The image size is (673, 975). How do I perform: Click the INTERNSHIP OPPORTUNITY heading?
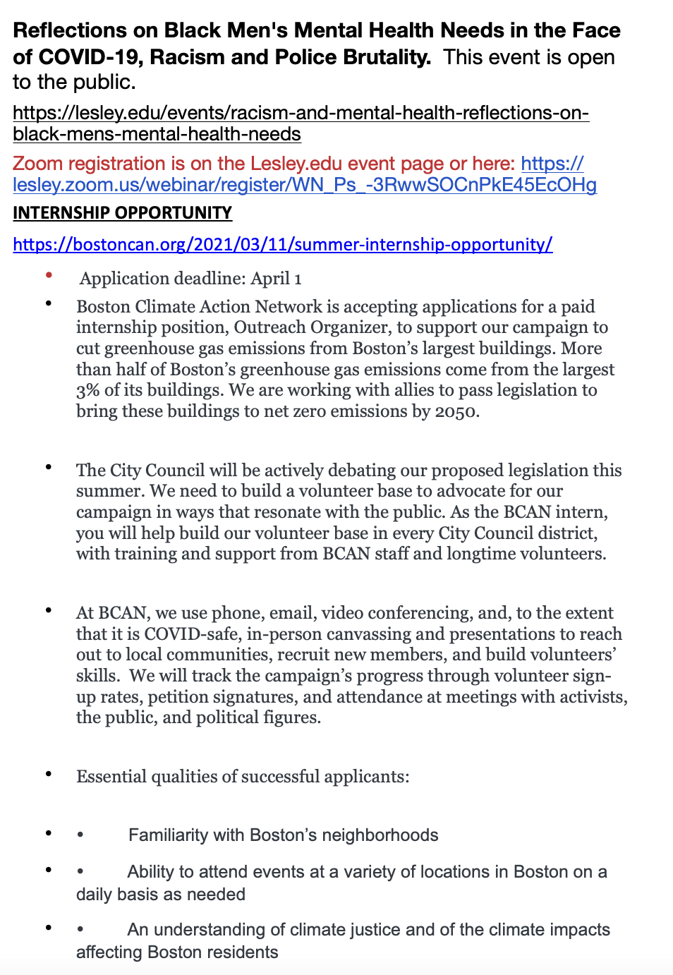pyautogui.click(x=122, y=213)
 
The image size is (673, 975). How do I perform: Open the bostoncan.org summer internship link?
pyautogui.click(x=282, y=245)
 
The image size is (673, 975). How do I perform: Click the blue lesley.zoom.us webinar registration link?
pyautogui.click(x=304, y=186)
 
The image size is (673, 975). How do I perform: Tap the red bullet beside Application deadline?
pyautogui.click(x=49, y=275)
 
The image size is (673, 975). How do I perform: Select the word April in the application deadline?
pyautogui.click(x=270, y=279)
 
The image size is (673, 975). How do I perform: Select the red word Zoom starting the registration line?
pyautogui.click(x=38, y=164)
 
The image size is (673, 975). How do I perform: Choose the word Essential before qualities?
pyautogui.click(x=112, y=777)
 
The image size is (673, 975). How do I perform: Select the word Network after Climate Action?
pyautogui.click(x=285, y=307)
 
